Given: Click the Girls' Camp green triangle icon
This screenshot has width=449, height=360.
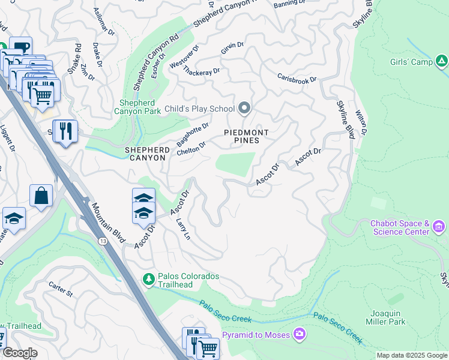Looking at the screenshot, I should tap(441, 61).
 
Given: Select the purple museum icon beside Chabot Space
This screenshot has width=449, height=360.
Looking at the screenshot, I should tap(439, 227).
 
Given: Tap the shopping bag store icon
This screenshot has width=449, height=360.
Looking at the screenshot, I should tap(41, 196).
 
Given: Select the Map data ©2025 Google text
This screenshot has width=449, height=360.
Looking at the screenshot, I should tap(412, 355).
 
